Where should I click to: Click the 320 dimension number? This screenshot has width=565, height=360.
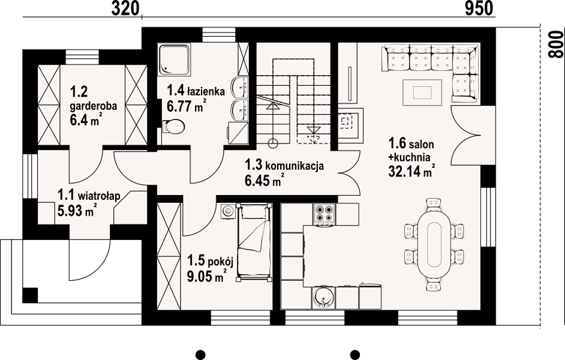pyautogui.click(x=125, y=8)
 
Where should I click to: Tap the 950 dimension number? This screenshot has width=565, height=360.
pyautogui.click(x=479, y=8)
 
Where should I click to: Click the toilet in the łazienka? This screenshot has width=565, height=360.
pyautogui.click(x=174, y=127)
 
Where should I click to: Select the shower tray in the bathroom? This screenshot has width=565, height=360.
pyautogui.click(x=174, y=60)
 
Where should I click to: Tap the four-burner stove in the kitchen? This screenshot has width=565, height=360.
pyautogui.click(x=324, y=214)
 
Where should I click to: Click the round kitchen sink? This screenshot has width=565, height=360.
pyautogui.click(x=323, y=298)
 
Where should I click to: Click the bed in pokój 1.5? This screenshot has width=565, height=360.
pyautogui.click(x=254, y=242)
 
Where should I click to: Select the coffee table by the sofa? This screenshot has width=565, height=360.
pyautogui.click(x=422, y=92)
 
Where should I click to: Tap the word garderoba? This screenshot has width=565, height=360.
pyautogui.click(x=93, y=106)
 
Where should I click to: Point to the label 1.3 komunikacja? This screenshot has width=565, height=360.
pyautogui.click(x=284, y=166)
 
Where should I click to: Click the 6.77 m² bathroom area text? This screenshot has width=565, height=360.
pyautogui.click(x=187, y=106)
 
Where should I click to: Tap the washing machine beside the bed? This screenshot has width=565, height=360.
pyautogui.click(x=227, y=210)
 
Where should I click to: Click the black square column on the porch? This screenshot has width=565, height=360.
pyautogui.click(x=30, y=295)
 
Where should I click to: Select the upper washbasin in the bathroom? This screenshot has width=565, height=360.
pyautogui.click(x=241, y=86)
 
